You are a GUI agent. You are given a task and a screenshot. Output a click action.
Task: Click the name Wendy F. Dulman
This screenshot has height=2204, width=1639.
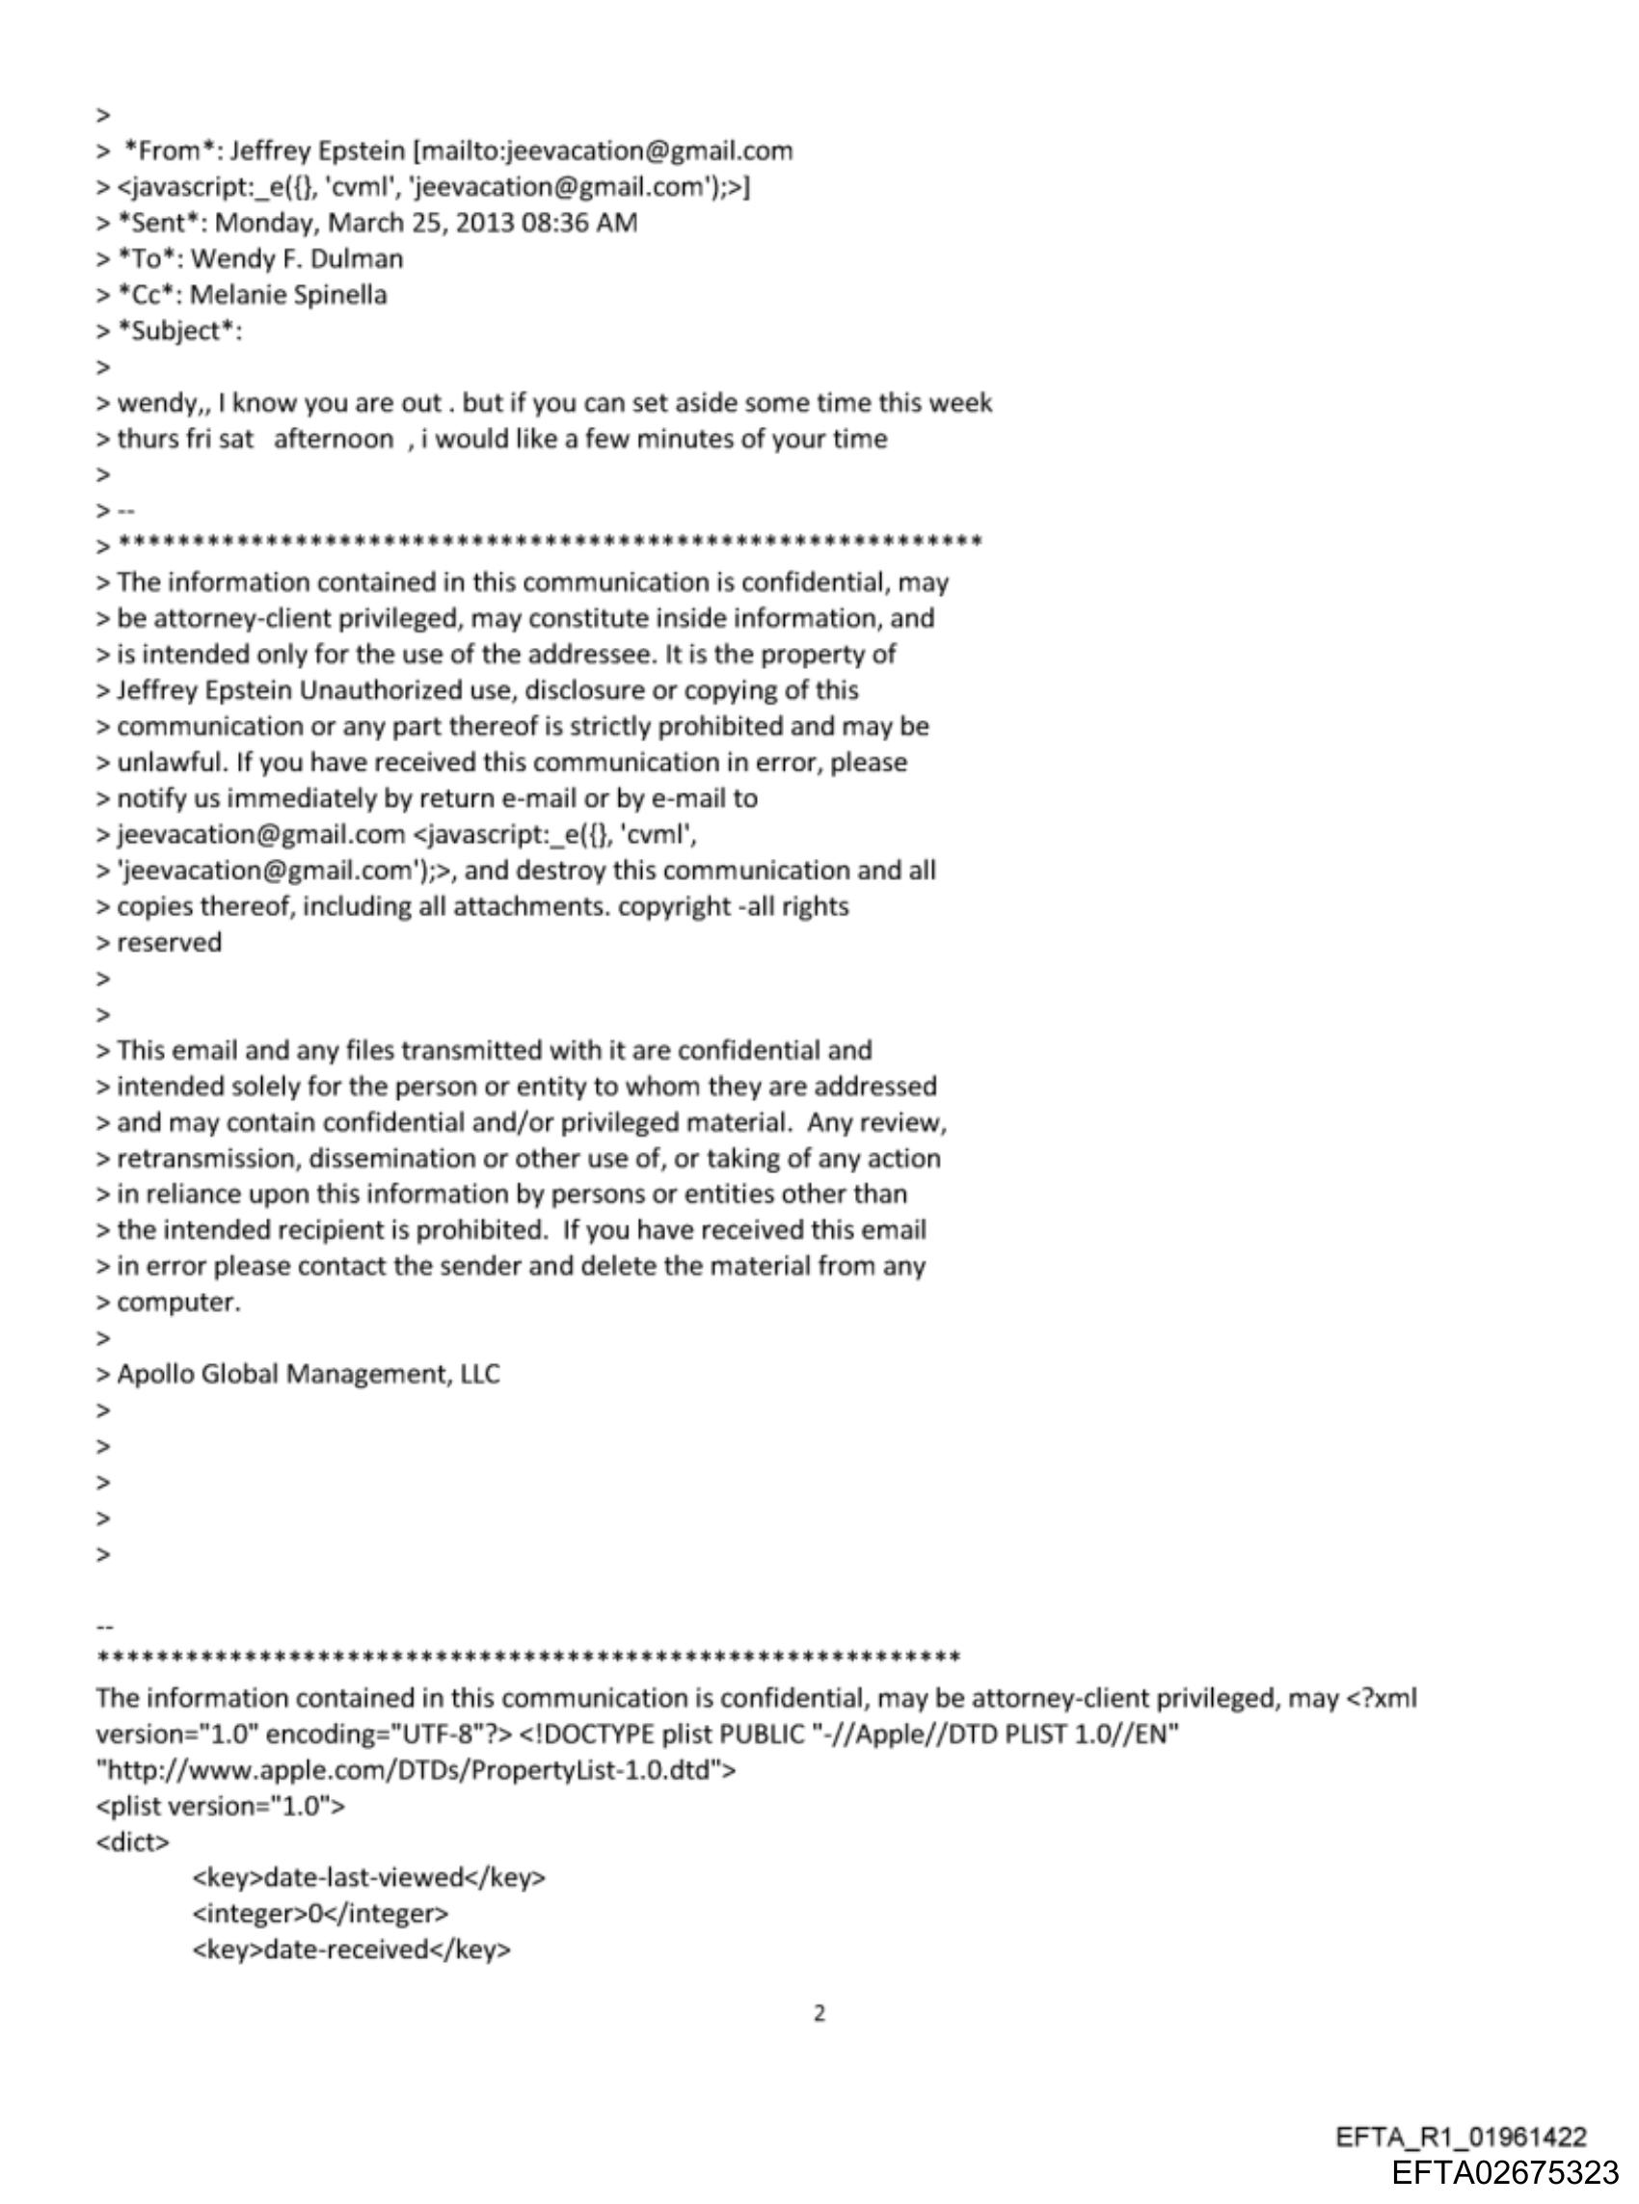pyautogui.click(x=297, y=259)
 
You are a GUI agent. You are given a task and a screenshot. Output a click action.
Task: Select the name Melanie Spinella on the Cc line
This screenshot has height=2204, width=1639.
pyautogui.click(x=287, y=295)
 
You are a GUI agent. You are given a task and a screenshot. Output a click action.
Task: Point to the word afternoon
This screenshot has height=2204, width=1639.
pyautogui.click(x=334, y=439)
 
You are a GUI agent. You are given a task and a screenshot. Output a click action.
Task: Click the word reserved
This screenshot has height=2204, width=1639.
pyautogui.click(x=170, y=942)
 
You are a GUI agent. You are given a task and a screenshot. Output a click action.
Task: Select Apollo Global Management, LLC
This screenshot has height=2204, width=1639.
pyautogui.click(x=309, y=1374)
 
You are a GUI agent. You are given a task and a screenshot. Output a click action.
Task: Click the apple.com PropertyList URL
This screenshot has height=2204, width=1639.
pyautogui.click(x=416, y=1768)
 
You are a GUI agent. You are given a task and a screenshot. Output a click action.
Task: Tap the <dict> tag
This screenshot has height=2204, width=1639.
pyautogui.click(x=133, y=1841)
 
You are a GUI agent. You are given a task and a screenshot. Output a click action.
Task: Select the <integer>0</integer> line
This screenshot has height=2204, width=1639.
pyautogui.click(x=320, y=1913)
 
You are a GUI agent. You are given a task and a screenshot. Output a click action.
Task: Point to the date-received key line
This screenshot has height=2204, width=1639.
pyautogui.click(x=351, y=1949)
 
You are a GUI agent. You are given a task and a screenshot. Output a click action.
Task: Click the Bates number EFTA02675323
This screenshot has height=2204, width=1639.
pyautogui.click(x=1505, y=2172)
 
